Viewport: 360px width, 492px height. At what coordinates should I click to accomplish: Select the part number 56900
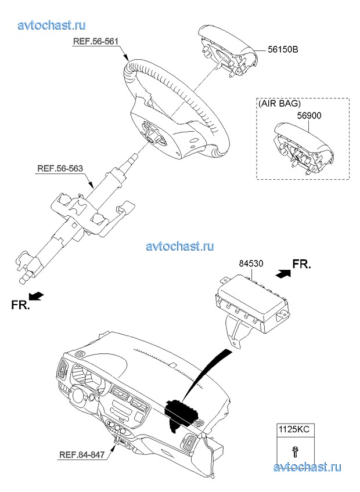point(309,116)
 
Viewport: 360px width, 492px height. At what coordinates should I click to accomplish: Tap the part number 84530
point(251,263)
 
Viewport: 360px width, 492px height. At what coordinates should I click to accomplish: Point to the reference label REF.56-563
point(60,168)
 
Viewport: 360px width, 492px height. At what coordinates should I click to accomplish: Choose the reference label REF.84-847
point(82,454)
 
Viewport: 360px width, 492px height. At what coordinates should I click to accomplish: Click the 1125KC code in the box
point(294,429)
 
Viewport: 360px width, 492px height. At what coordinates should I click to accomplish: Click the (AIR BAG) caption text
point(280,103)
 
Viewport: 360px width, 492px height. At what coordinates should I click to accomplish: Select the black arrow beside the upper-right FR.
point(283,273)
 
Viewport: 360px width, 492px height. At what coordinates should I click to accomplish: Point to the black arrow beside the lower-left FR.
point(37,295)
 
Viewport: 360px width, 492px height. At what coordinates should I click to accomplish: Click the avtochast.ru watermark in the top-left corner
point(52,25)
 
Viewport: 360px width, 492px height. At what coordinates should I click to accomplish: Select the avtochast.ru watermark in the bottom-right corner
point(307,467)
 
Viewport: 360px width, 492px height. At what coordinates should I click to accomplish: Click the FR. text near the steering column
point(20,305)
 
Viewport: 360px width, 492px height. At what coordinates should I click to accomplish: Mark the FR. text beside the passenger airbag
point(301,264)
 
